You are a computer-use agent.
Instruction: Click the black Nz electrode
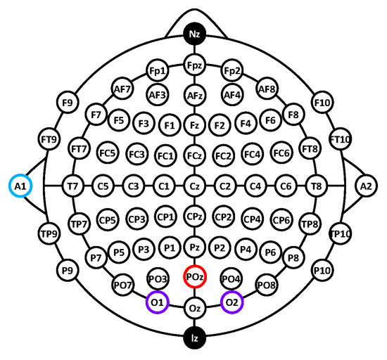point(194,34)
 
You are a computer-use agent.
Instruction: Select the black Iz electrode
point(194,338)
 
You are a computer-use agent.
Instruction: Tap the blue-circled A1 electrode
point(20,186)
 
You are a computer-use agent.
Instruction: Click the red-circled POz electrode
point(195,276)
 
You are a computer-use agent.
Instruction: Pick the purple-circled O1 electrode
point(158,302)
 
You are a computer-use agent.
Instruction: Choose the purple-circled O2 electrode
point(232,302)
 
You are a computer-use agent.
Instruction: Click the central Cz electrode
point(194,186)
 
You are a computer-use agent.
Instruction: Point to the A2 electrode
point(367,186)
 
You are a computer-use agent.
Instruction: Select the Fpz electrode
point(194,65)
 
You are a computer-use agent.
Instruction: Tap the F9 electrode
point(68,103)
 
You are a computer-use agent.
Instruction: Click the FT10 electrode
point(341,139)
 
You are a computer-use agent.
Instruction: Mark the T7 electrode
point(72,186)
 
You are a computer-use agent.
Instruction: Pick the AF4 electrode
point(232,95)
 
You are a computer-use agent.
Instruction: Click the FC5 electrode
point(108,153)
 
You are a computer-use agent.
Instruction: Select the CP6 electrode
point(281,219)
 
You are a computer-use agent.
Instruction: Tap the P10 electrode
point(322,271)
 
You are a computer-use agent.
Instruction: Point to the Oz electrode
point(194,308)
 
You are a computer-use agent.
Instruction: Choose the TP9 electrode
point(49,233)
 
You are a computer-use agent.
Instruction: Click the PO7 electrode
point(122,285)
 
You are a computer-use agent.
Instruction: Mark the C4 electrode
point(255,186)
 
